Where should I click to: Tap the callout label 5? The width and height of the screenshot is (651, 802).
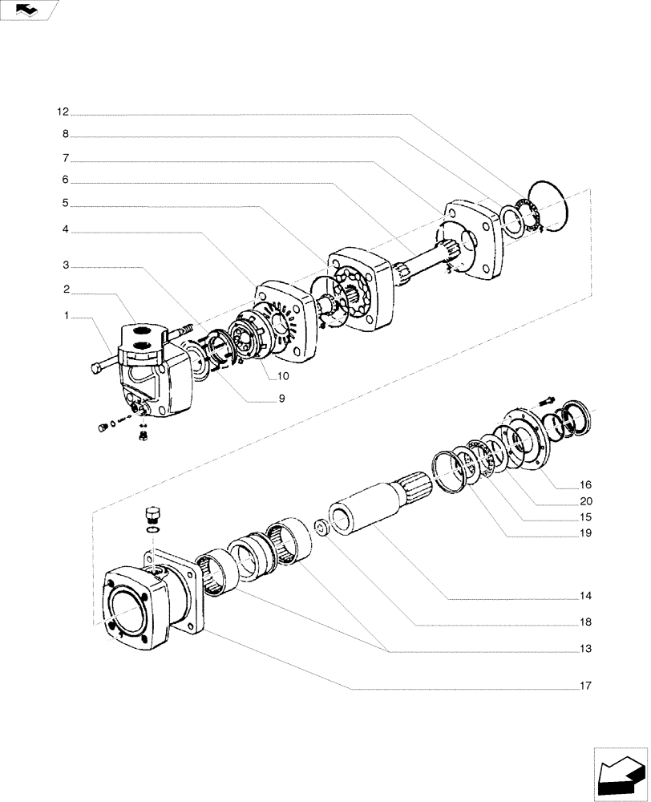tap(66, 204)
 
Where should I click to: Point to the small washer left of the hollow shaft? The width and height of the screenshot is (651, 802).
tap(321, 529)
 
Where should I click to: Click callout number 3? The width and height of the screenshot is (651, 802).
tap(66, 265)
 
